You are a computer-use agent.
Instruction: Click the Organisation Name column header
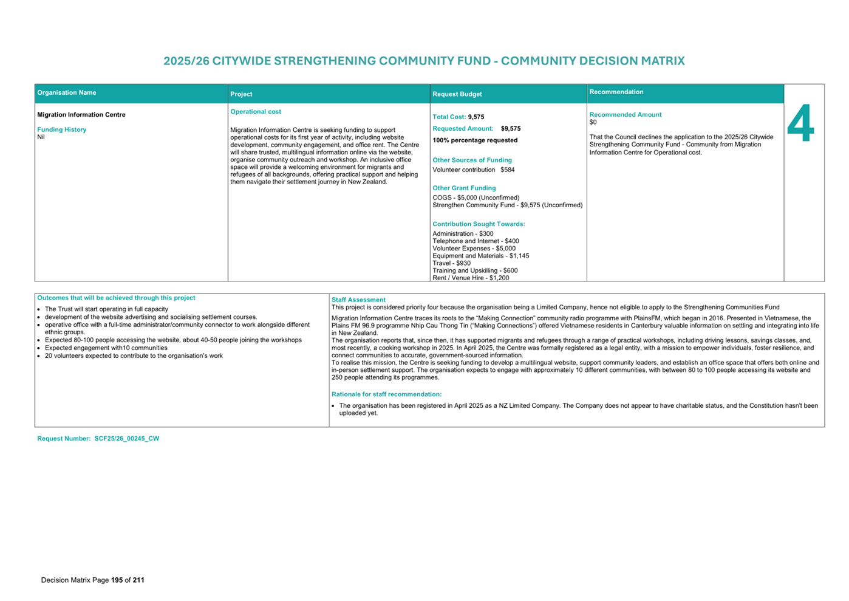(x=67, y=93)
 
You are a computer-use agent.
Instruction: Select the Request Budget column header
(x=457, y=94)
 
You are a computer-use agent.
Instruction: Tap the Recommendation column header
(x=616, y=92)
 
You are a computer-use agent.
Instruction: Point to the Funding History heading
(x=62, y=129)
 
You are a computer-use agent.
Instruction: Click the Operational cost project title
(x=256, y=112)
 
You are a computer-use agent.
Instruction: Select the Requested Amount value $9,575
(x=511, y=129)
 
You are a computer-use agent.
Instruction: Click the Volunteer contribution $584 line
(x=474, y=170)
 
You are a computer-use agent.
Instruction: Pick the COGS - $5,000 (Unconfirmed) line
(x=476, y=197)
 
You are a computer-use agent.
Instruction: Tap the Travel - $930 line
(x=451, y=263)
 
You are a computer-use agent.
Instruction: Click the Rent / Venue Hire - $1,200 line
(x=471, y=278)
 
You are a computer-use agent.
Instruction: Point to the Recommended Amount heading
(x=626, y=115)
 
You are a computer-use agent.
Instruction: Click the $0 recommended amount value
(x=593, y=122)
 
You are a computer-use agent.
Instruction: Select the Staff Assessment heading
(x=358, y=300)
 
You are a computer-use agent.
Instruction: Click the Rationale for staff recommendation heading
(x=386, y=394)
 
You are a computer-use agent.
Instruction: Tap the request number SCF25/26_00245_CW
(x=127, y=439)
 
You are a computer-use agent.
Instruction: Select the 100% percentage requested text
(x=475, y=140)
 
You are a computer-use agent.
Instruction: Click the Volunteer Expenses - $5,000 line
(x=474, y=249)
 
